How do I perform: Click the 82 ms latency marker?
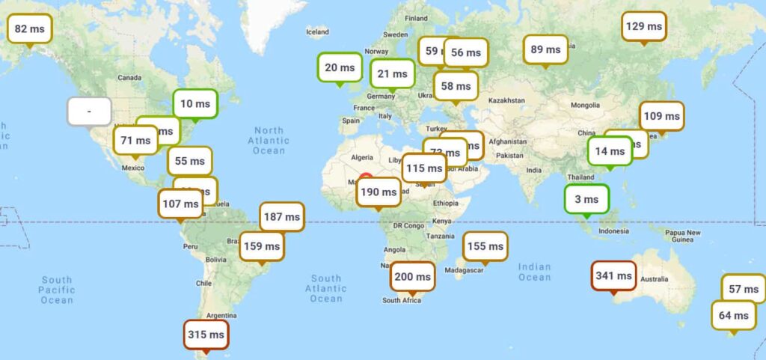30,29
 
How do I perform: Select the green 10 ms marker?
195,104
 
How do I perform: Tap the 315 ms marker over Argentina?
206,335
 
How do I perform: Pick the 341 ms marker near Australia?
613,276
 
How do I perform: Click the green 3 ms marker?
587,199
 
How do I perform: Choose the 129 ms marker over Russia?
644,26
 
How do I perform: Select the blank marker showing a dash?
89,112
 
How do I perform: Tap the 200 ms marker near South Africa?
412,276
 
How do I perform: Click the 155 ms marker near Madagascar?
485,246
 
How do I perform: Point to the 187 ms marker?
282,217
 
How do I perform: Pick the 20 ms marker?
340,67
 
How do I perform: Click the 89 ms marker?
545,50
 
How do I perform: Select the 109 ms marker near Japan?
662,116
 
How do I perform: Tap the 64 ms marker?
733,315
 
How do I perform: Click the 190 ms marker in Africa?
379,192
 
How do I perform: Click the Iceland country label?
317,31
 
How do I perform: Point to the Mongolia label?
584,105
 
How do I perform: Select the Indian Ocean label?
534,272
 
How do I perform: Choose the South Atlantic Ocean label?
326,288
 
